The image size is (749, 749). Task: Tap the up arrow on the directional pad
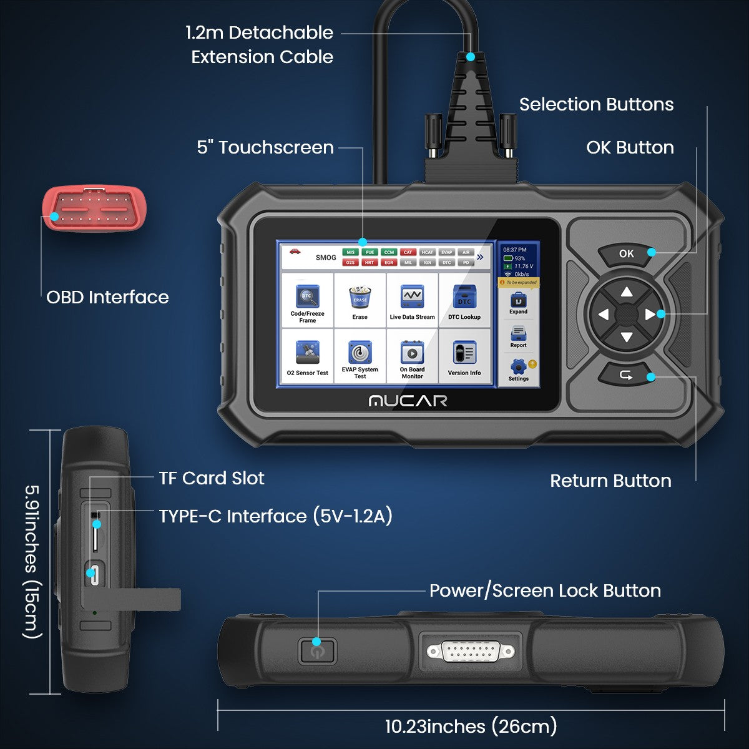627,291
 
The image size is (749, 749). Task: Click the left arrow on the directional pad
603,315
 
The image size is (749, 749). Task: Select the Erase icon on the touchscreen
360,297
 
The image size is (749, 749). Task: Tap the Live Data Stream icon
412,297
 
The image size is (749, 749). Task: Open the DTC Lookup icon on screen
464,297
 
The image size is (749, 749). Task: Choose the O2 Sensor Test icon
308,353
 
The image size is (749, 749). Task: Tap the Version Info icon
464,353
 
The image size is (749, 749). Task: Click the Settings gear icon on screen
518,366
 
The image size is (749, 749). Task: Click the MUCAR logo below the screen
408,401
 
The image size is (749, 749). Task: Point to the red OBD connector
94,209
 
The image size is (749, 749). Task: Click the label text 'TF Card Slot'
212,479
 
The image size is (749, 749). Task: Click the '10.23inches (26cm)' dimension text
471,727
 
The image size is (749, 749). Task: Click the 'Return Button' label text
610,481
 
